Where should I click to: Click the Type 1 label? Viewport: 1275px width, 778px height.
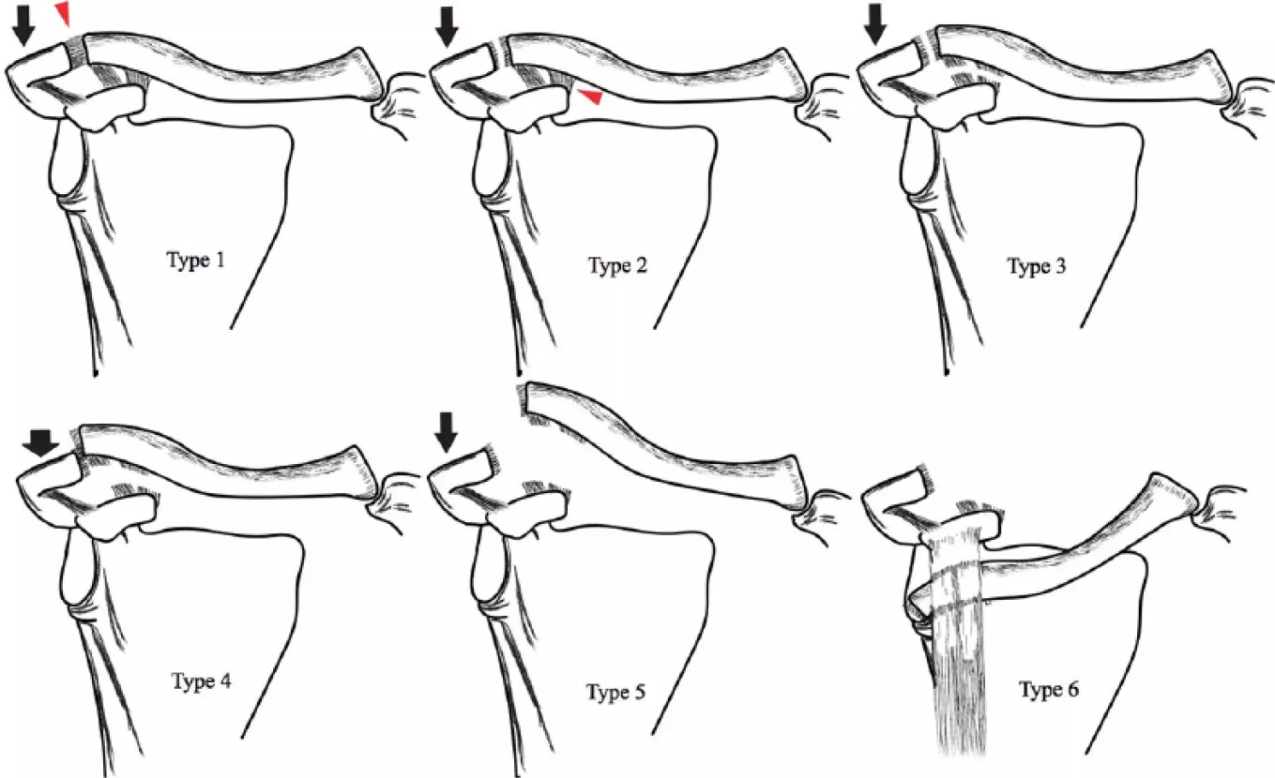pyautogui.click(x=196, y=260)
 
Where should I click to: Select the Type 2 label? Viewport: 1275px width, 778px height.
pyautogui.click(x=617, y=265)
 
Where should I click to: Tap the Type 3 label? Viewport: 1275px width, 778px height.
pyautogui.click(x=1037, y=265)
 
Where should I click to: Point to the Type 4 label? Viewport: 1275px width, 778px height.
pyautogui.click(x=202, y=681)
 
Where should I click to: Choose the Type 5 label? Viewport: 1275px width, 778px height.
pyautogui.click(x=615, y=692)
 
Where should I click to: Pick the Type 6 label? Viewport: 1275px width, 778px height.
pyautogui.click(x=1049, y=689)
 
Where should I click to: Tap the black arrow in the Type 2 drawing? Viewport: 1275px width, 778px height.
pyautogui.click(x=447, y=27)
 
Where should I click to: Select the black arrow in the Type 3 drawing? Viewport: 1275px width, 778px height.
pyautogui.click(x=874, y=24)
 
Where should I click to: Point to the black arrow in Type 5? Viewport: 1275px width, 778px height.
pyautogui.click(x=446, y=432)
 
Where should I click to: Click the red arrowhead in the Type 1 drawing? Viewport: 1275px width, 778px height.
pyautogui.click(x=63, y=12)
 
